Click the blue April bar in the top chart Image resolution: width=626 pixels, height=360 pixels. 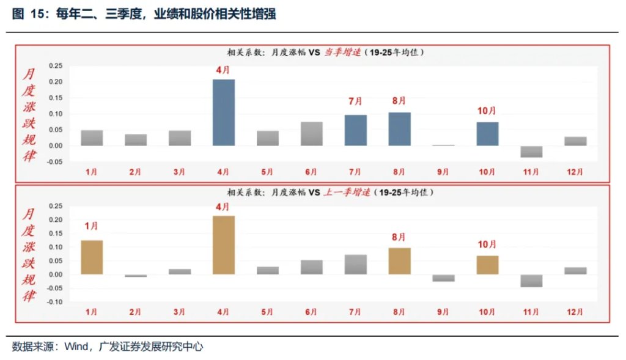click(224, 112)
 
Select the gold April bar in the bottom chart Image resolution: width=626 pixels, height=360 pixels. click(224, 244)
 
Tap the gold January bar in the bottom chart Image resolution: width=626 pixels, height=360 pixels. click(92, 257)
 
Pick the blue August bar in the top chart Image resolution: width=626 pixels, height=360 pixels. click(400, 129)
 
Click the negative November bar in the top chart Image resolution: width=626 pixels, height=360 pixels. click(531, 152)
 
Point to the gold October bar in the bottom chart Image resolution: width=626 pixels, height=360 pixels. click(487, 265)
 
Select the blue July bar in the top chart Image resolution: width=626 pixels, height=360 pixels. click(356, 130)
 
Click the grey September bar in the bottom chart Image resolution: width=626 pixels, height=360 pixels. click(443, 278)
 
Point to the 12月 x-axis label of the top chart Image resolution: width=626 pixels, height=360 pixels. click(575, 172)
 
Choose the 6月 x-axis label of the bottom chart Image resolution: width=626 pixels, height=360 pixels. click(312, 312)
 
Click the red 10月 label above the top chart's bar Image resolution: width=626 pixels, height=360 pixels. click(487, 111)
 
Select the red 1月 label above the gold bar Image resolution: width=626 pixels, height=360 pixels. click(92, 226)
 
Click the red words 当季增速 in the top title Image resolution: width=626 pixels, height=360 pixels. click(342, 53)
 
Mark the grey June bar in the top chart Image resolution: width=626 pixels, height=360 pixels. click(312, 134)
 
